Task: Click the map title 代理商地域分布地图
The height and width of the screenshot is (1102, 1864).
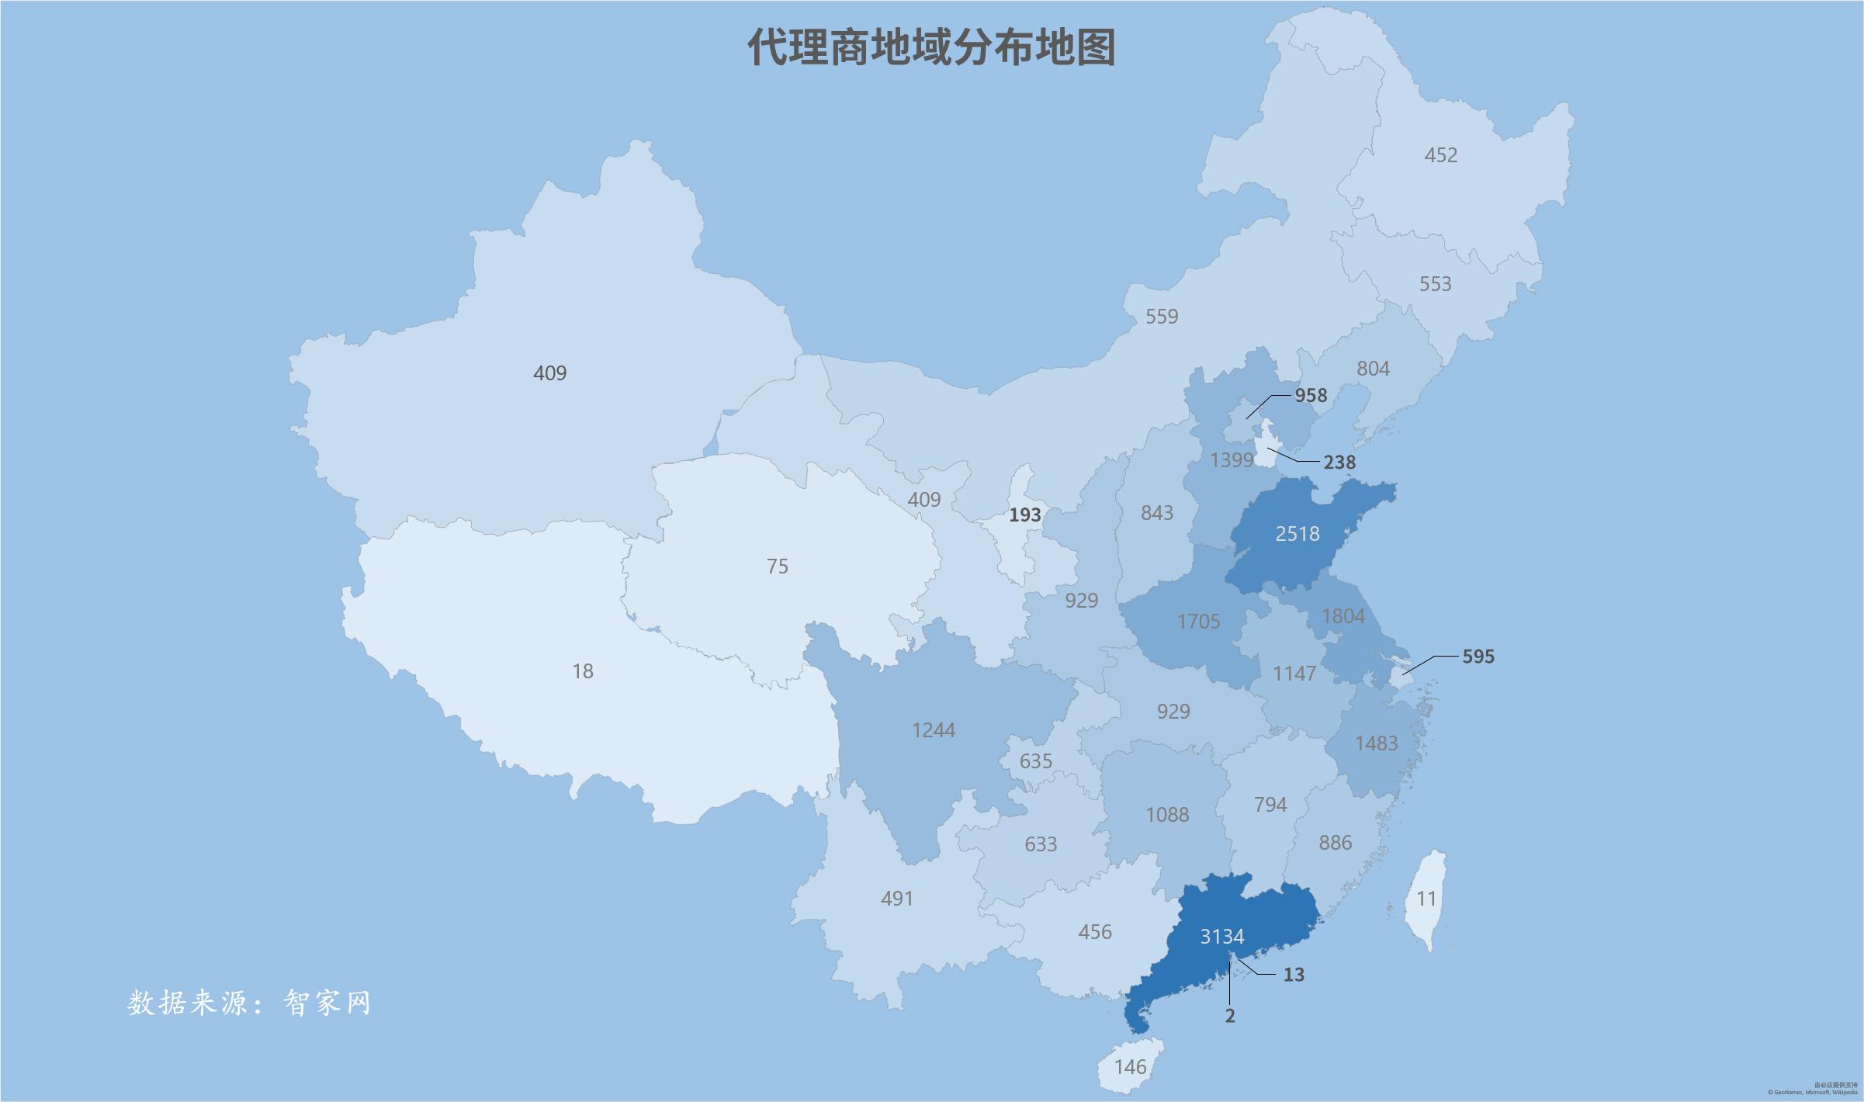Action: pos(931,48)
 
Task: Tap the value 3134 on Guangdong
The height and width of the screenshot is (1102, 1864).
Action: pos(1222,937)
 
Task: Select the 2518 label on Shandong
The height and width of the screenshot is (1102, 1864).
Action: pos(1298,534)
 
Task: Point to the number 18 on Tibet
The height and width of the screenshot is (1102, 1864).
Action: pos(583,671)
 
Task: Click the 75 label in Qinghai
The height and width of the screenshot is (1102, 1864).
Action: pos(778,567)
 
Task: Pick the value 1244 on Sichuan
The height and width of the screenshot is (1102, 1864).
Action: pos(934,730)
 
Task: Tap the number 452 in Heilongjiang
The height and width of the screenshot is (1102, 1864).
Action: pos(1441,155)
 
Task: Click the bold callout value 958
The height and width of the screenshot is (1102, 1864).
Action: pos(1311,396)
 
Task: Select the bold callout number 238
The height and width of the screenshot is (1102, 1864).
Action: pos(1339,463)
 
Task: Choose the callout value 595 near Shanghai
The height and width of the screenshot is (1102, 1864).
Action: pos(1478,657)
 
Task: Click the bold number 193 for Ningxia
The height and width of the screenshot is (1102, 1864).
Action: pos(1024,515)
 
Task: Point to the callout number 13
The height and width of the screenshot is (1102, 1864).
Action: pos(1294,975)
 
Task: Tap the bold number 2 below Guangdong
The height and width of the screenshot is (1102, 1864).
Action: pos(1230,1016)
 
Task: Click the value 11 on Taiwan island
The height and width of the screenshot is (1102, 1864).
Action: pos(1427,899)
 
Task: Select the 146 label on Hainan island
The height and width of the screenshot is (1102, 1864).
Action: pos(1130,1067)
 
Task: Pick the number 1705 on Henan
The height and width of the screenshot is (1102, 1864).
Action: pos(1199,622)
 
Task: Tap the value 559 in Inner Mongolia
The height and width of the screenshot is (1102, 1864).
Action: pos(1162,317)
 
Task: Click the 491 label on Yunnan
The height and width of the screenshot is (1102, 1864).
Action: pos(897,899)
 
